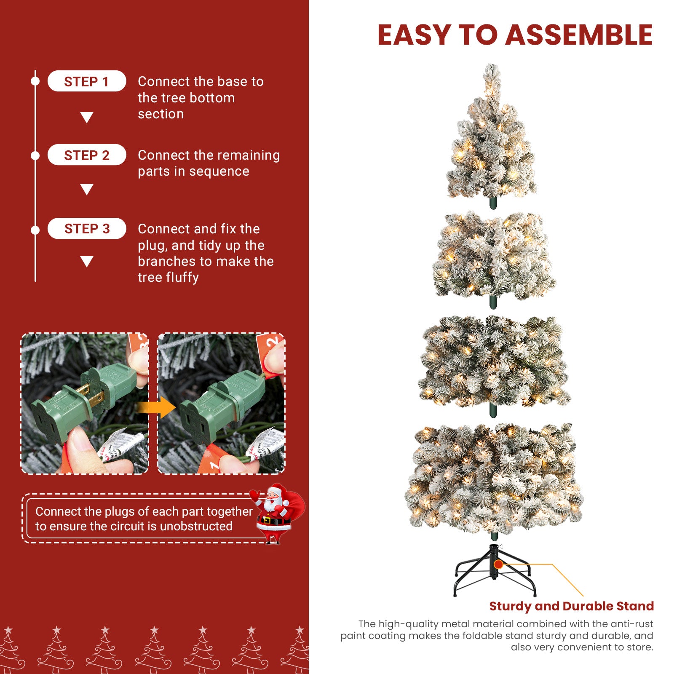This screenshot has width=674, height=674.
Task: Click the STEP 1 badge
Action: click(x=87, y=81)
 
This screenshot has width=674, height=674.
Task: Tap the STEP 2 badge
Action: click(x=87, y=155)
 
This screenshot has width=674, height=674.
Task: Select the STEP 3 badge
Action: click(x=87, y=228)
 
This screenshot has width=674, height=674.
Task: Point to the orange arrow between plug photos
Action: click(x=156, y=407)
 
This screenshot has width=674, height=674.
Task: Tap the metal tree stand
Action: click(x=495, y=570)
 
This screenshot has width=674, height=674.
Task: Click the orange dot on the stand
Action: click(x=498, y=564)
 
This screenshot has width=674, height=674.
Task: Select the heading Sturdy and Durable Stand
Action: click(x=571, y=606)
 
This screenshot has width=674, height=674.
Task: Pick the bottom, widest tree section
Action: click(x=494, y=480)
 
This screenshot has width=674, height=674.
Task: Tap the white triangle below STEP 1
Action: click(x=87, y=118)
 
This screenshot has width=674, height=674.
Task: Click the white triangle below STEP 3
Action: click(x=87, y=262)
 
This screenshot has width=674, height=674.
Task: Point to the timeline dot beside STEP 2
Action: click(x=35, y=155)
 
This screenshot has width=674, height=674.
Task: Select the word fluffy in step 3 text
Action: click(x=182, y=278)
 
